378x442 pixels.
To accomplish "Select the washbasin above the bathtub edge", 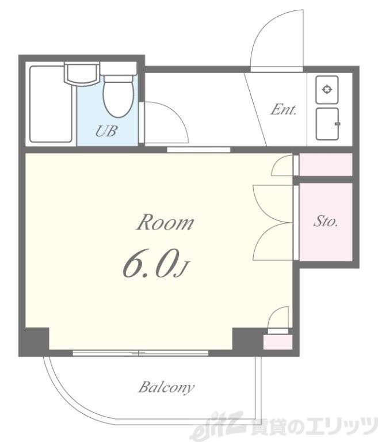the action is pos(82,74).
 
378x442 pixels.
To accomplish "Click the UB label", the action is pos(106,131).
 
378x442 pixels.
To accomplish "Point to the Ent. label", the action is pos(283,110).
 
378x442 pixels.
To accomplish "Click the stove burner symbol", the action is pos(327,90).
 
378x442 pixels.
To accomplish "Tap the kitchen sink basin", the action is pos(327,124).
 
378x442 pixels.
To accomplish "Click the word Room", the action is pos(165,222).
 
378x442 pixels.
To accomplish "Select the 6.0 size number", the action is pos(151,262).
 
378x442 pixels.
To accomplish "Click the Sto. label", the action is pos(326,221).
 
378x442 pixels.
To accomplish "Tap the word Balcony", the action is pos(166,387).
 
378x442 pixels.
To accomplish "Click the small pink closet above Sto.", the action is pos(326,165).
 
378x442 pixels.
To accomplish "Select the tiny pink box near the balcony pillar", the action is pos(278,342).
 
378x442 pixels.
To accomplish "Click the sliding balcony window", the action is pos(140,353).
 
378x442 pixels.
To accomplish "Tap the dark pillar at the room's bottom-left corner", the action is pos(37,339).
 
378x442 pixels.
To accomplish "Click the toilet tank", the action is pos(119,68).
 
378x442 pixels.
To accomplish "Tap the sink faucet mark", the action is pos(337,124).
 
